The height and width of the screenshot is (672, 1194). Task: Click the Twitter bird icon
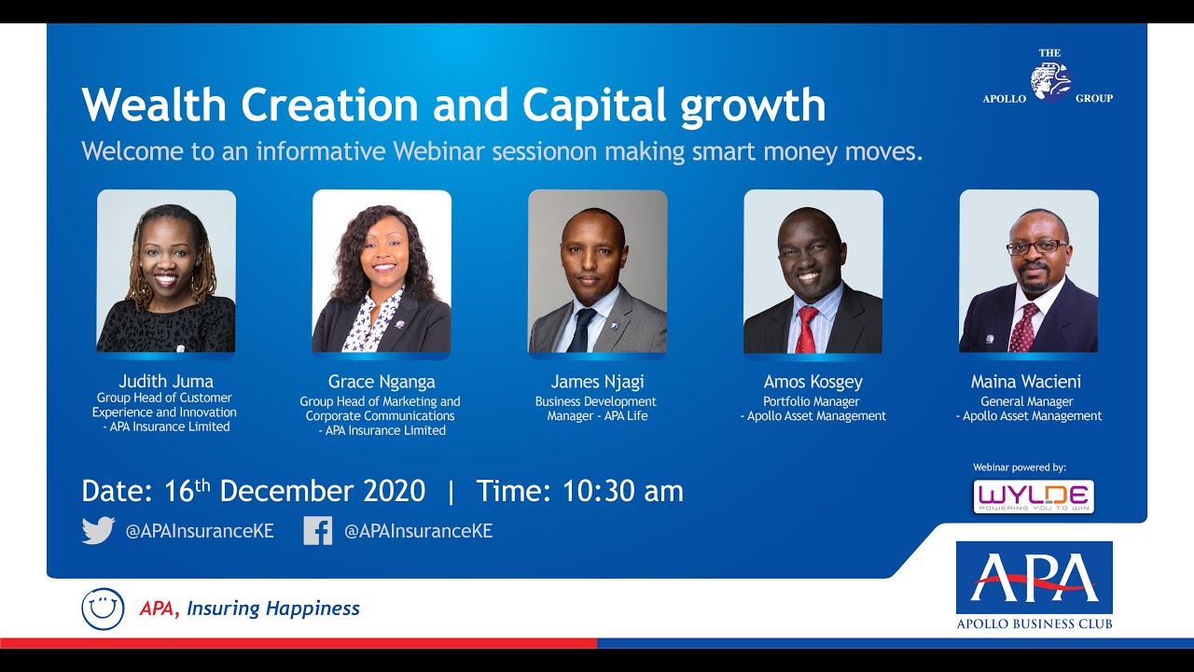click(x=98, y=530)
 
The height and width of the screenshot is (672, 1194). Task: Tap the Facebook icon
click(x=317, y=530)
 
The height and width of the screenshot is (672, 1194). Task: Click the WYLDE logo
click(x=1033, y=497)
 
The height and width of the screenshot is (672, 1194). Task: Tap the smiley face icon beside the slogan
click(x=103, y=609)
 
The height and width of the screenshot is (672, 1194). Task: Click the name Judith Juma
click(x=166, y=381)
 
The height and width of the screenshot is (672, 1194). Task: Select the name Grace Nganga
click(x=382, y=382)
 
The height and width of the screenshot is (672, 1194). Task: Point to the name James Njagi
click(x=597, y=382)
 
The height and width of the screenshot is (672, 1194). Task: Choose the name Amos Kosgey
click(x=812, y=382)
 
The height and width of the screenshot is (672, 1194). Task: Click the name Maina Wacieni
click(x=1026, y=382)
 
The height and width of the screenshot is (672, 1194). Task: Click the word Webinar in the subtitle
click(x=440, y=151)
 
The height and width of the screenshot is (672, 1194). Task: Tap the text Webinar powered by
click(x=1019, y=467)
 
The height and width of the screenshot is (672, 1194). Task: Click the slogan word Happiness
click(x=312, y=609)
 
